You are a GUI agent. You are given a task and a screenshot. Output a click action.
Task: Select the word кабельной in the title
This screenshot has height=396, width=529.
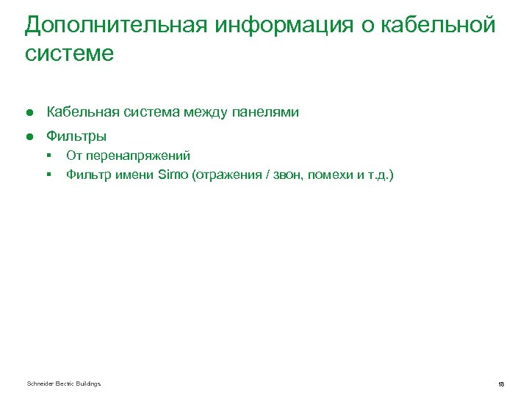444,25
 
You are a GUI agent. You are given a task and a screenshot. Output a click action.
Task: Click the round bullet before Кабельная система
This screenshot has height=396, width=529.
30,112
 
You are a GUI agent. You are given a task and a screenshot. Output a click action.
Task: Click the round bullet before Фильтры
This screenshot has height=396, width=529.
30,136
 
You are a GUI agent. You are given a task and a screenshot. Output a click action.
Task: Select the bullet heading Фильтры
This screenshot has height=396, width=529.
76,136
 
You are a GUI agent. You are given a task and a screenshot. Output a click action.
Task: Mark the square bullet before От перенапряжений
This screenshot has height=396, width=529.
48,155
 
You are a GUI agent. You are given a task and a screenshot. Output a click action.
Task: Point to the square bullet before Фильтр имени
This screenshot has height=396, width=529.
48,175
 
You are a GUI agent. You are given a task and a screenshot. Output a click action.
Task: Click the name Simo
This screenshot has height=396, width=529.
173,175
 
